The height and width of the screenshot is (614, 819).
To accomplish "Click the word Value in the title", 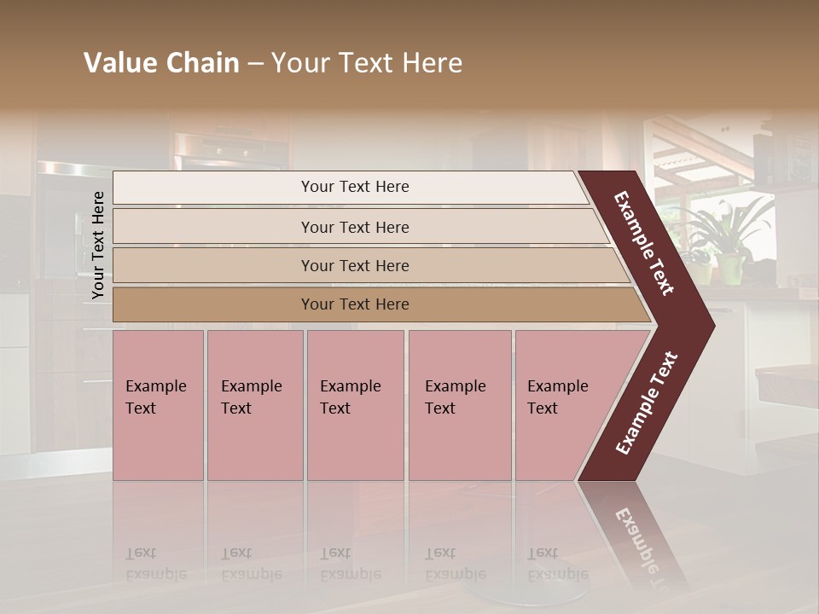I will pos(119,63).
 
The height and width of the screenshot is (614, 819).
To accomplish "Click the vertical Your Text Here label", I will pos(98,246).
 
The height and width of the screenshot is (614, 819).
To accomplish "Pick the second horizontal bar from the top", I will pos(354,227).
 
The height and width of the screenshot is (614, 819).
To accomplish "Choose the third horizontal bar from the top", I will pos(354,265).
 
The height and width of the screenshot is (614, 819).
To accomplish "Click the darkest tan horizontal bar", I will pos(354,304).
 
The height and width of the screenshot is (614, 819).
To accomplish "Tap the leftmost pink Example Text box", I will pos(158,405).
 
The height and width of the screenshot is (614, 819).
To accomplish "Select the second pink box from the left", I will pos(254,405).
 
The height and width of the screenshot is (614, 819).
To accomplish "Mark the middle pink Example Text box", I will pos(355,405).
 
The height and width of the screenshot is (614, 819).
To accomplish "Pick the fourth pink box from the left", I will pos(459,405).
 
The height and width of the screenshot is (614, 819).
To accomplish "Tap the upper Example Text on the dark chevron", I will pos(644,243).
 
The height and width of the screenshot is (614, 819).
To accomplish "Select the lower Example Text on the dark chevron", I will pos(647,403).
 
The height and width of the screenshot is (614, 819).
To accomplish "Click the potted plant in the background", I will pos(725,239).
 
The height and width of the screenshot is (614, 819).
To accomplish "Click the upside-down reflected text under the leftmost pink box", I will pos(155,563).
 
